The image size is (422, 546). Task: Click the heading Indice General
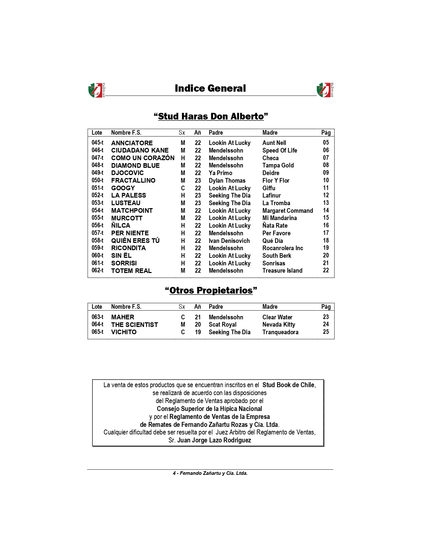pos(210,88)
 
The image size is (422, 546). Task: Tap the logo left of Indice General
pos(96,90)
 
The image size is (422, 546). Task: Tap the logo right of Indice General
pos(325,90)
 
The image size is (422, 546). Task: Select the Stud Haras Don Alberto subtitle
pos(211,116)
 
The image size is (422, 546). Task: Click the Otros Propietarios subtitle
pos(211,291)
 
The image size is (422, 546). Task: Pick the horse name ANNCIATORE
pos(132,143)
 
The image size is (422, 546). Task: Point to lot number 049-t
pos(97,173)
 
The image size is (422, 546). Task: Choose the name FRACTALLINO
pos(133,180)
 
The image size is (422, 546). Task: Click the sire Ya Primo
pos(220,173)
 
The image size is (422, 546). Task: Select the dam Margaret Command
pos(288,210)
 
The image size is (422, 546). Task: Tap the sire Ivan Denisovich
pos(229,241)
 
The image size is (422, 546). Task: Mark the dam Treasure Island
pos(282,271)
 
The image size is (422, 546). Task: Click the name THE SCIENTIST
pos(134,325)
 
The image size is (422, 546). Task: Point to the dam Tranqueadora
pos(280,332)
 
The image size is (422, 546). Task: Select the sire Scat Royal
pos(222,325)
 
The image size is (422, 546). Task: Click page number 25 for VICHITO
pos(326,332)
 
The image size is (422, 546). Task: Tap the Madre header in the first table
pos(270,133)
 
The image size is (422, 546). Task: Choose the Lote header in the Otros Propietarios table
pos(97,307)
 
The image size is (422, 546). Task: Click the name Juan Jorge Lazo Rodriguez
pos(214,440)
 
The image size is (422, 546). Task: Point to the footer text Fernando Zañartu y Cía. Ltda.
pos(213,473)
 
